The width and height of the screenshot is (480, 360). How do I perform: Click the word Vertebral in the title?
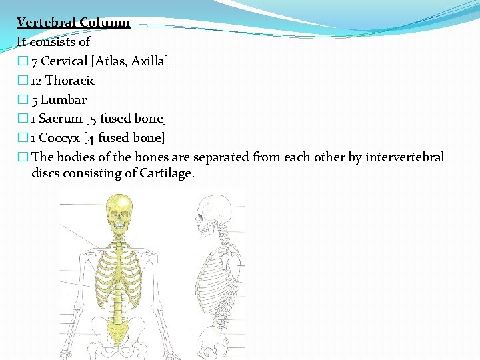(x=46, y=23)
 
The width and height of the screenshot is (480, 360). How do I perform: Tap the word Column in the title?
(x=104, y=23)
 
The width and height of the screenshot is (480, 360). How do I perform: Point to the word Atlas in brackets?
(x=111, y=61)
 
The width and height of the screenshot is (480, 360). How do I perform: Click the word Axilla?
(x=149, y=61)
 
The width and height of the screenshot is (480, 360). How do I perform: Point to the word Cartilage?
(x=167, y=173)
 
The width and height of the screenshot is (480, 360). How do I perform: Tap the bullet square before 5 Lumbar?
(x=23, y=100)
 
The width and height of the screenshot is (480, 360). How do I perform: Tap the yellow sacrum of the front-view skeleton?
(x=120, y=327)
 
